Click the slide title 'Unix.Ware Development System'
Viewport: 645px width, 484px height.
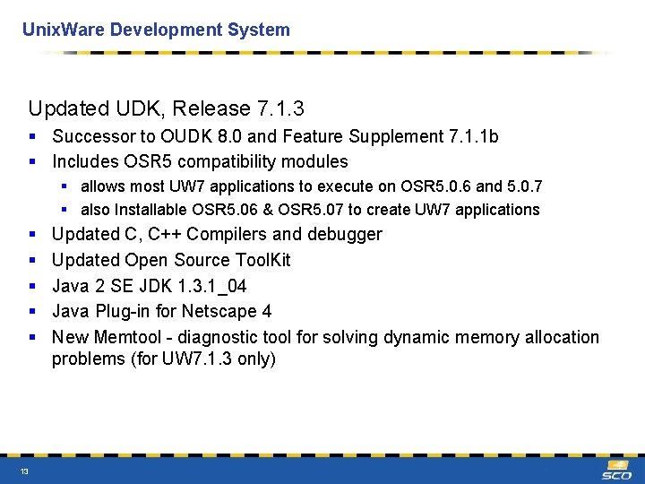click(x=156, y=30)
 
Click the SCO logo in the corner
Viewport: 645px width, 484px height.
click(x=616, y=470)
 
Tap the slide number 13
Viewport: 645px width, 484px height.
click(x=24, y=471)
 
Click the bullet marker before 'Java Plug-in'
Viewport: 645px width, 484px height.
click(x=32, y=311)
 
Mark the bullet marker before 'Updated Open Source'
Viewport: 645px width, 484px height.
click(x=32, y=260)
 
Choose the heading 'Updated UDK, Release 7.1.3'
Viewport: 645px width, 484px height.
click(x=167, y=108)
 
